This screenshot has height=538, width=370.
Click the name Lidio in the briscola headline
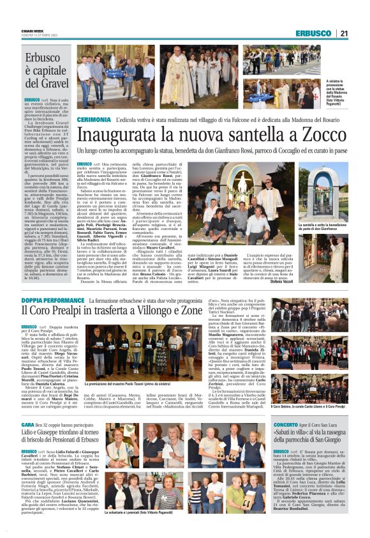(x=33, y=436)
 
